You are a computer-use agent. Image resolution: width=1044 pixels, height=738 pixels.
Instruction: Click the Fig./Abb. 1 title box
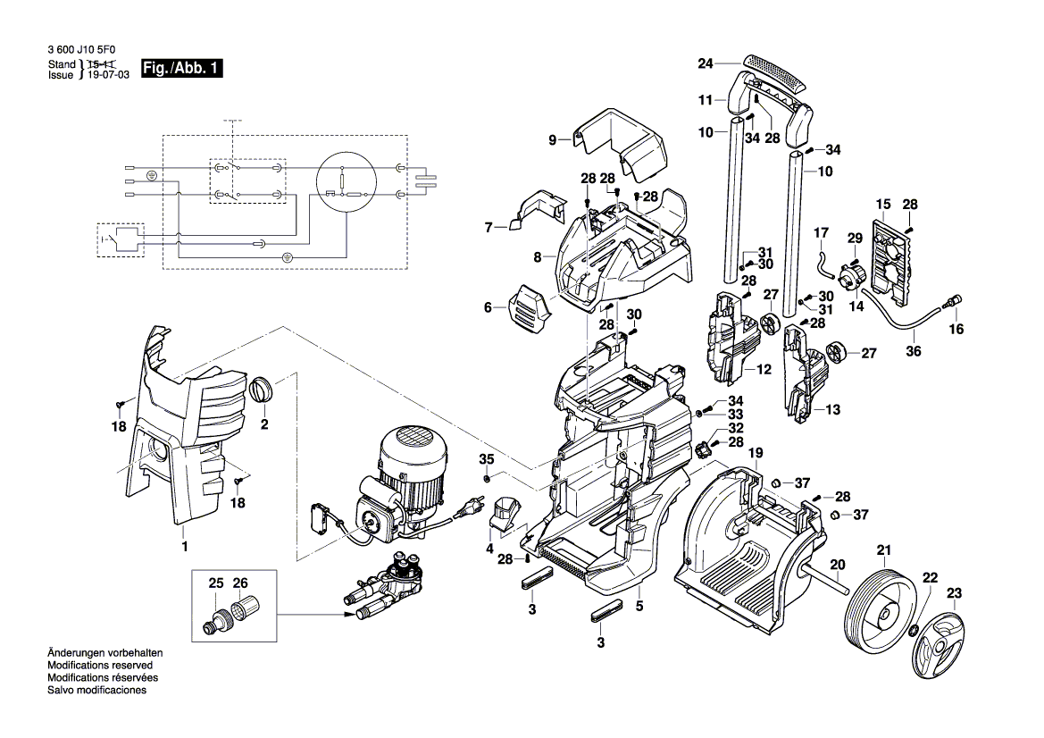click(x=182, y=69)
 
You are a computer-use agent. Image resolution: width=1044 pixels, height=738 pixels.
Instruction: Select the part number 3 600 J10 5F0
click(x=81, y=49)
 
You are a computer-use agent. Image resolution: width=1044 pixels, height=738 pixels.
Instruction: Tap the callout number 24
click(x=706, y=63)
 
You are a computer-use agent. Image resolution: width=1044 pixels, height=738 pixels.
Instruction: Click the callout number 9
click(x=552, y=140)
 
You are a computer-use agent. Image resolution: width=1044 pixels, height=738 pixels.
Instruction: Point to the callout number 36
click(x=914, y=351)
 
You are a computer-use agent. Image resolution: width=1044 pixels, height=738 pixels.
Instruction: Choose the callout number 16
click(x=956, y=329)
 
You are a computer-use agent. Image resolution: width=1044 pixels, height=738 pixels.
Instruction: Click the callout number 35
click(x=487, y=459)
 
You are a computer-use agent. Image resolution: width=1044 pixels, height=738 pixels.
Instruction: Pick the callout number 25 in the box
click(x=216, y=583)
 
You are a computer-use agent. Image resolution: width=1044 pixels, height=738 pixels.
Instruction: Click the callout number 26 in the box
click(x=240, y=583)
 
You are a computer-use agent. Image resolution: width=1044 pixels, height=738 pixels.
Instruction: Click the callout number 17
click(x=821, y=232)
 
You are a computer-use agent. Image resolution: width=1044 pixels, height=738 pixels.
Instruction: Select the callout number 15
click(x=883, y=204)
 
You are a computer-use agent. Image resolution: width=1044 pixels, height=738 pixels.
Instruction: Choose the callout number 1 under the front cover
click(x=185, y=546)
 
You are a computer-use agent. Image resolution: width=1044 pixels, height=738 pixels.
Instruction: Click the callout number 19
click(x=755, y=453)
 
